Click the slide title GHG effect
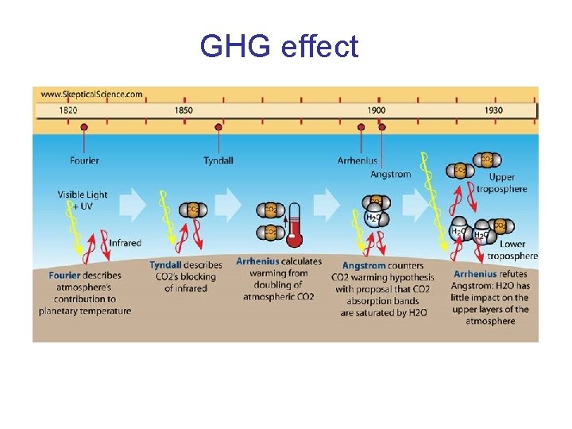coord(279,47)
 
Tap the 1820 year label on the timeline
coord(68,110)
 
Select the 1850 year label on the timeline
coord(184,110)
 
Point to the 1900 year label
coord(377,110)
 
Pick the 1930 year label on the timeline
coord(493,110)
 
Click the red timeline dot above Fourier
coord(84,126)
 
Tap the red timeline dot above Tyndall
coord(218,126)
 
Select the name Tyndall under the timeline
coord(218,160)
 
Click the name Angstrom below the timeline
coord(391,175)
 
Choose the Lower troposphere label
coord(512,250)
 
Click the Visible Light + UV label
coord(83,200)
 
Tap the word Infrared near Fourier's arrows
coord(125,243)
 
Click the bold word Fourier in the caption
coord(64,276)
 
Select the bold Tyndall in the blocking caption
coord(166,265)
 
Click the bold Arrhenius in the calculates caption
coord(257,261)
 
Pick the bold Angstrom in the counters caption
coord(363,265)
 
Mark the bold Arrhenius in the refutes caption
coord(475,274)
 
